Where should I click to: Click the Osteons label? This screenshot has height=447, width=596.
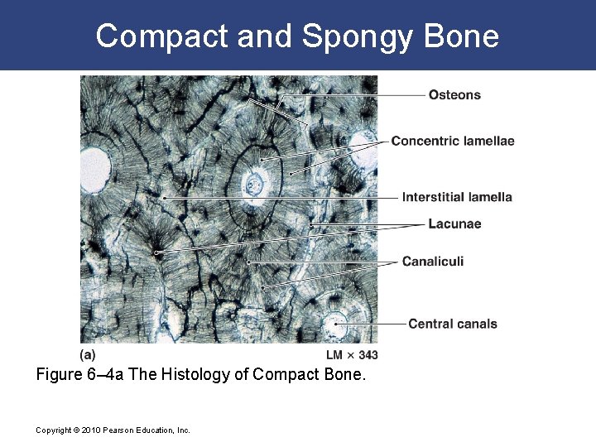(454, 95)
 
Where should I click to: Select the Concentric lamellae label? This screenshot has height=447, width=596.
(452, 141)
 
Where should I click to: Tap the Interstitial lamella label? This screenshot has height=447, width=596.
(457, 197)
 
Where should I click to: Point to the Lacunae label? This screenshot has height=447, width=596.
(454, 223)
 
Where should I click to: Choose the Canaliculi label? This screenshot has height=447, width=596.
(432, 262)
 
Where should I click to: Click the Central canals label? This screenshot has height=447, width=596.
(452, 324)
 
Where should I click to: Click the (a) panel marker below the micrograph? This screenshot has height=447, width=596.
(87, 354)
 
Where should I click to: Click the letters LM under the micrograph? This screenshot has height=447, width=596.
(334, 355)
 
